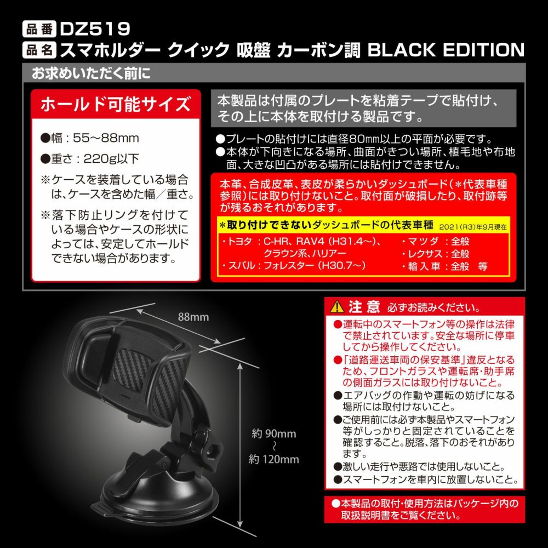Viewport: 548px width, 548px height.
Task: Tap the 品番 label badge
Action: point(39,29)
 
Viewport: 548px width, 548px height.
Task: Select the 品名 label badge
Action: point(39,50)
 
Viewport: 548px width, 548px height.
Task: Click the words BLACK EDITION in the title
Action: point(446,50)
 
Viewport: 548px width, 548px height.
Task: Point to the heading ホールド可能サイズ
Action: point(116,104)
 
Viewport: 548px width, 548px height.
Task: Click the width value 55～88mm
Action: point(106,138)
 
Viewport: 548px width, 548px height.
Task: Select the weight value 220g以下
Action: point(111,159)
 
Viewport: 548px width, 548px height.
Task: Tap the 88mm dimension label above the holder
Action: point(193,317)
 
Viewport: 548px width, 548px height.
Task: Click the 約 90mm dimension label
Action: point(274,433)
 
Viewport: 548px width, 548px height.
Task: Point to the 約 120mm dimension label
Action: point(274,459)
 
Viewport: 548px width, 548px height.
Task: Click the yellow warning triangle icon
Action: point(337,307)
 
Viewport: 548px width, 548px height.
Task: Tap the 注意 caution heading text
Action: point(364,307)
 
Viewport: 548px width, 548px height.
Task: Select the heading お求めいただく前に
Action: point(91,73)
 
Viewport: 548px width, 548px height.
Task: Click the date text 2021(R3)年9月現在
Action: point(473,227)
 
